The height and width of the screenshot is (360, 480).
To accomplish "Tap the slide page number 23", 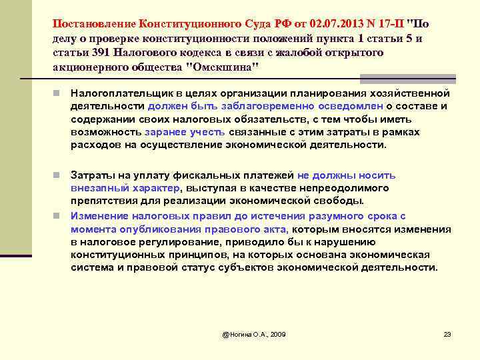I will (447, 333).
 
